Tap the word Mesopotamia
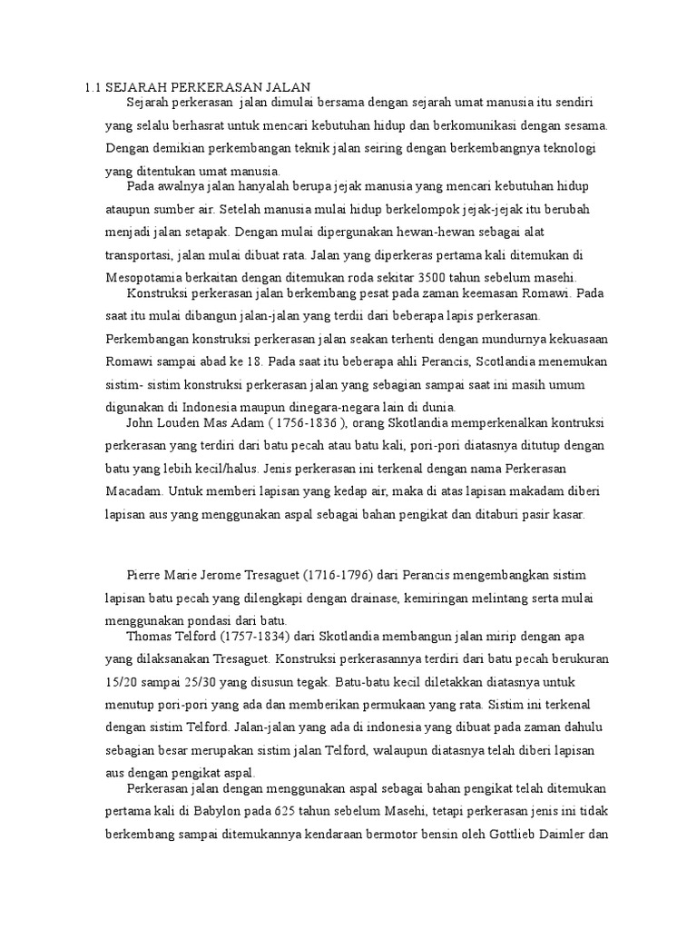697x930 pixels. tap(143, 278)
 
